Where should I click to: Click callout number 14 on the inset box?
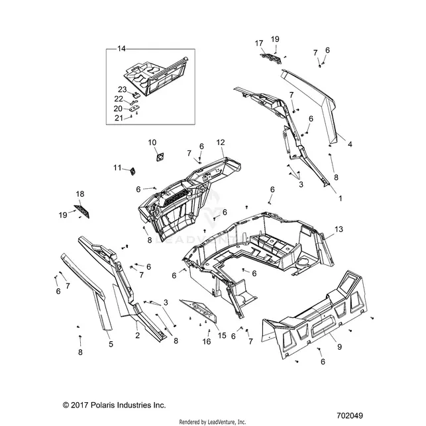(121, 48)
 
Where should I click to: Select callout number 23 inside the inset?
(123, 89)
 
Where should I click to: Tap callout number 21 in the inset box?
(119, 118)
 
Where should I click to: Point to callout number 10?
(152, 142)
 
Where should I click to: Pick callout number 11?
(117, 168)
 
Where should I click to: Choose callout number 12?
(221, 142)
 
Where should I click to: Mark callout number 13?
(339, 229)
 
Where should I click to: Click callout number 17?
(259, 43)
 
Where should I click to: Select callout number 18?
(80, 194)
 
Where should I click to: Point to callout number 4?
(350, 144)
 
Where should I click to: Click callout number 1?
(341, 198)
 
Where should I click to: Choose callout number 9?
(339, 347)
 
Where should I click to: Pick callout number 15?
(222, 335)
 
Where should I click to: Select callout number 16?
(207, 341)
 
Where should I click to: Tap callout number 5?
(111, 345)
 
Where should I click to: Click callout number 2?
(137, 335)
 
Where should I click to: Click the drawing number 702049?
(350, 415)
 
